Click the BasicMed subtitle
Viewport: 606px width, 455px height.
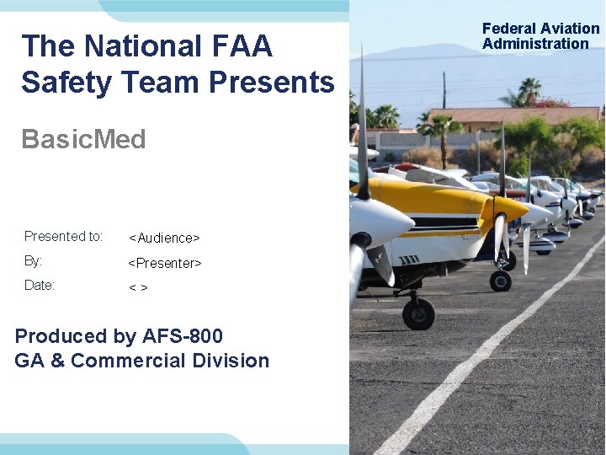pyautogui.click(x=83, y=139)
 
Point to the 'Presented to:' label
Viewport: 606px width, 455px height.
pyautogui.click(x=63, y=236)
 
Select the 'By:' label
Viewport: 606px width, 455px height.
pyautogui.click(x=34, y=261)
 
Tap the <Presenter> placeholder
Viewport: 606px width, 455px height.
pyautogui.click(x=164, y=263)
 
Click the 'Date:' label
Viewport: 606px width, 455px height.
pyautogui.click(x=40, y=285)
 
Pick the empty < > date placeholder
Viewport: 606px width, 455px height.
pyautogui.click(x=138, y=288)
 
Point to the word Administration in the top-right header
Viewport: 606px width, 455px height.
pyautogui.click(x=535, y=44)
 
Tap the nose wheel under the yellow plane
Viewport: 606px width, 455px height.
pyautogui.click(x=418, y=313)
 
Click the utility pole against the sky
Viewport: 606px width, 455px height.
pyautogui.click(x=444, y=89)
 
